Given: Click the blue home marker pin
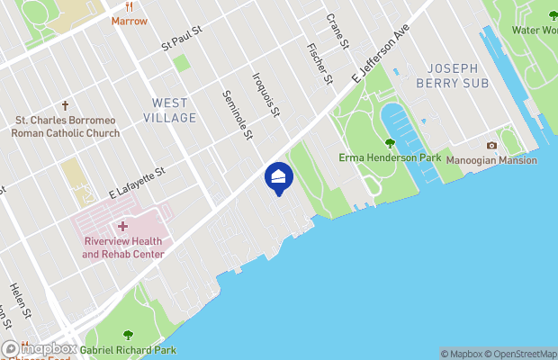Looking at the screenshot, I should [x=278, y=177].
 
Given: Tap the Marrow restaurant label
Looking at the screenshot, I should [x=129, y=20].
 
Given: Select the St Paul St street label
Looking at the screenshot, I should [x=183, y=43].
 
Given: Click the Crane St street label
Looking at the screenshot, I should [x=336, y=31].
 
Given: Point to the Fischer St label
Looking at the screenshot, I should [x=319, y=64].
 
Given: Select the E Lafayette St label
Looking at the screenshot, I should [x=138, y=181].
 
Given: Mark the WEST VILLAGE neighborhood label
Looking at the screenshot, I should [x=169, y=110].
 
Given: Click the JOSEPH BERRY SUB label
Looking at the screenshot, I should [x=458, y=75].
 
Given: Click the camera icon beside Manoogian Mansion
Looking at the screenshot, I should [x=491, y=145].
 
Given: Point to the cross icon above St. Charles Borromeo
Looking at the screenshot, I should [x=66, y=105].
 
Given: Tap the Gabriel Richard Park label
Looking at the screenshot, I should [x=128, y=349].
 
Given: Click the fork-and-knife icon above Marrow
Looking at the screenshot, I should [x=129, y=5].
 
